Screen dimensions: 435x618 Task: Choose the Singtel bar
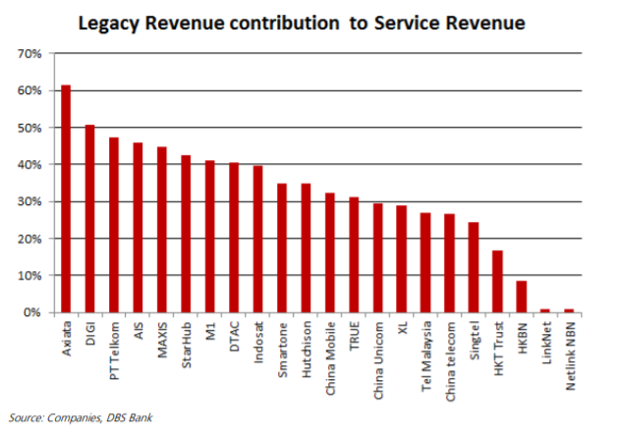click(473, 267)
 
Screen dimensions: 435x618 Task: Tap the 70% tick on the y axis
click(27, 54)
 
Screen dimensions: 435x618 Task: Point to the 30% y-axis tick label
click(27, 201)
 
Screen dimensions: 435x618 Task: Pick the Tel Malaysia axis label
click(425, 351)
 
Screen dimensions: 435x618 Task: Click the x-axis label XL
click(402, 325)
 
